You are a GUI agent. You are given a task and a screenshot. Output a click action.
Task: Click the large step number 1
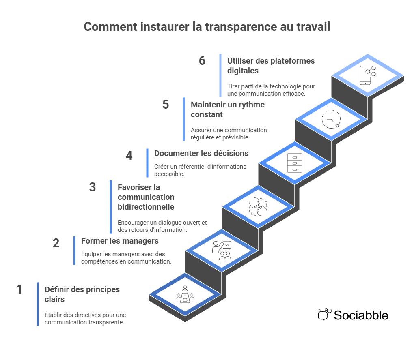[x=19, y=289]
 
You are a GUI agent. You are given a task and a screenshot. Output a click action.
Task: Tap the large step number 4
[x=129, y=156]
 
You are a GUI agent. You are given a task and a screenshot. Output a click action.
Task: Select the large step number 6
[x=202, y=61]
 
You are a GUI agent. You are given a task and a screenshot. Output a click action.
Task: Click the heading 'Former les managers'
[x=120, y=241]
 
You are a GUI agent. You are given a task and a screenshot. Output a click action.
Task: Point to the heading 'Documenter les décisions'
[x=201, y=153]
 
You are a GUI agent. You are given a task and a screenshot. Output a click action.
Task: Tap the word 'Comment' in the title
[x=104, y=27]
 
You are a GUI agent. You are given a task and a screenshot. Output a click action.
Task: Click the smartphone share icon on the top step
[x=367, y=75]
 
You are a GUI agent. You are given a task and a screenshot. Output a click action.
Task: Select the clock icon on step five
[x=331, y=119]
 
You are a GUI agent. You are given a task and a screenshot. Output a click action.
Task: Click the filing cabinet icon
[x=295, y=163]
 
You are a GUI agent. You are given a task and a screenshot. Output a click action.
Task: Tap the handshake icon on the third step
[x=258, y=207]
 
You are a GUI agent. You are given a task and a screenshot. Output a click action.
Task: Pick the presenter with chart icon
[x=222, y=251]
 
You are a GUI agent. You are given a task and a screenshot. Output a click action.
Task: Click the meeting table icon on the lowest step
[x=185, y=295]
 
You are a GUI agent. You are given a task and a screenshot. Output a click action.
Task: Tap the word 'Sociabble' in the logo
[x=361, y=315]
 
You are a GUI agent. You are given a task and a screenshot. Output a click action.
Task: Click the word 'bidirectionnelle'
[x=146, y=207]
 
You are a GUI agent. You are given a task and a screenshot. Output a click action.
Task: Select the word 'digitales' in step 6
[x=243, y=71]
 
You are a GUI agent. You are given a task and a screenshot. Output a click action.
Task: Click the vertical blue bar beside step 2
[x=74, y=250]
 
